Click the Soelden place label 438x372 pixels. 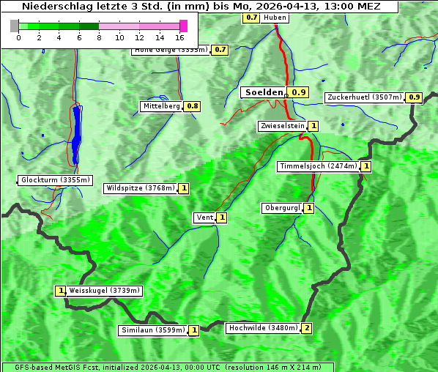pos(264,92)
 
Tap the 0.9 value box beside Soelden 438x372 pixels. pos(298,92)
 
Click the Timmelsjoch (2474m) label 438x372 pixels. pos(319,166)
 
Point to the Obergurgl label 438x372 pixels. pos(282,208)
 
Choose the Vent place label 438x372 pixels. pos(204,217)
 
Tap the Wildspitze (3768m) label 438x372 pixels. pos(141,188)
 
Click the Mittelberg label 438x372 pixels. pos(162,106)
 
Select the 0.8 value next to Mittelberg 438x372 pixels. pos(193,106)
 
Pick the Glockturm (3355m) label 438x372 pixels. pos(56,180)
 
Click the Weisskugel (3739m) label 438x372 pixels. pos(104,291)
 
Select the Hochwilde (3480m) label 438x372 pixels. pos(262,328)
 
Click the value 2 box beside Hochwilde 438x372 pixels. pos(307,328)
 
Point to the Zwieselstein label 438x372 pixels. pos(282,126)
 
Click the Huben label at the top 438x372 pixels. pos(275,17)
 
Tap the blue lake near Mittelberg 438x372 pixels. pos(76,132)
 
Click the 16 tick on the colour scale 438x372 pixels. pos(180,37)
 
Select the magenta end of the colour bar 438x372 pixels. pos(183,26)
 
